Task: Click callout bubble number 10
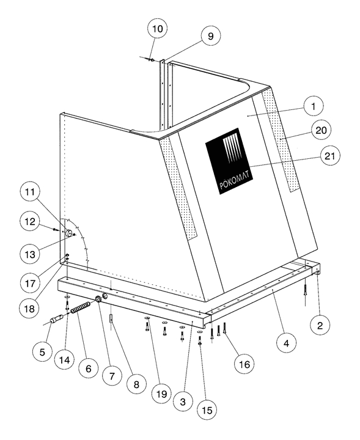point(158,29)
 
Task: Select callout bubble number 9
point(210,36)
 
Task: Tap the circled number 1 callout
point(314,106)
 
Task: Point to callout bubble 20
point(321,130)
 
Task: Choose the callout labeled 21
point(330,155)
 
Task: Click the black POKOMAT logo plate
point(229,161)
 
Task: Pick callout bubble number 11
point(30,193)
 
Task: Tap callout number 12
point(30,222)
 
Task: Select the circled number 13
point(30,254)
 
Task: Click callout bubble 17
point(30,284)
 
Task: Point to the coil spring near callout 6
point(81,307)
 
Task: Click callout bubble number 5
point(42,352)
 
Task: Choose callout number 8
point(136,384)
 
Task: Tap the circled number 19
point(161,394)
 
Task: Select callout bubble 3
point(183,402)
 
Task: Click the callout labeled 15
point(207,410)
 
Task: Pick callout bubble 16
point(244,364)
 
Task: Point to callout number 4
point(286,343)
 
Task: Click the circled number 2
point(320,325)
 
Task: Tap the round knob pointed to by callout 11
point(68,233)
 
